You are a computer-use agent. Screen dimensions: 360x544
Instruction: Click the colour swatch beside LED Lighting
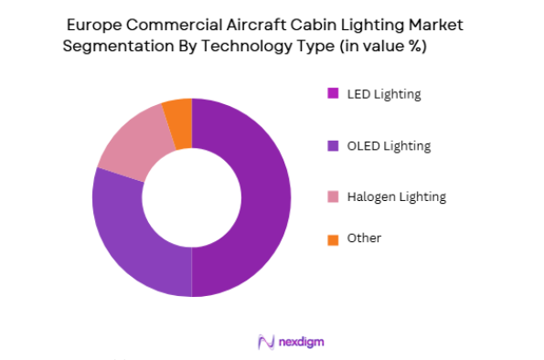(x=333, y=93)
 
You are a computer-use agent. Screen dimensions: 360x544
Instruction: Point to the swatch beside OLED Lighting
(x=333, y=145)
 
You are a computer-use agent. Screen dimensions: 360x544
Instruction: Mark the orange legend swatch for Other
(x=333, y=239)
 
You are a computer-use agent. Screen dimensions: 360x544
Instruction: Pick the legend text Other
(x=364, y=238)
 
